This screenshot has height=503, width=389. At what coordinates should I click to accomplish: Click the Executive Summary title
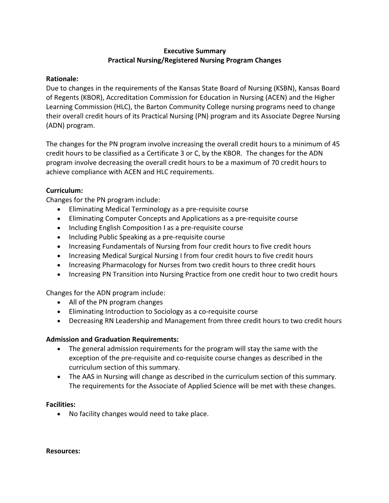click(x=194, y=51)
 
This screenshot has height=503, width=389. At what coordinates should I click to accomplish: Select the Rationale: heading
click(x=62, y=79)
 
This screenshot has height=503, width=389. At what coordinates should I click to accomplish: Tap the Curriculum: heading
click(x=64, y=190)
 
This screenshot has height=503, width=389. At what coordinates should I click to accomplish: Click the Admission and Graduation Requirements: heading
click(x=112, y=339)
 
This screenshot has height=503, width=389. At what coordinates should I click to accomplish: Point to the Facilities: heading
click(x=61, y=404)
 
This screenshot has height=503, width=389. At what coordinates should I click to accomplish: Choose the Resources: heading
click(x=63, y=451)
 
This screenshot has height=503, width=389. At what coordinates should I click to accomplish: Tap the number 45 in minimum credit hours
click(x=336, y=144)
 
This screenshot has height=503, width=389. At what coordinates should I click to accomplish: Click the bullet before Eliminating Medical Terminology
click(x=58, y=210)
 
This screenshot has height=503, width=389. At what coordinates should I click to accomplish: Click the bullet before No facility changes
click(x=58, y=414)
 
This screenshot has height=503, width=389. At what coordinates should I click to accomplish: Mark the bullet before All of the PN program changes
click(x=58, y=303)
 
